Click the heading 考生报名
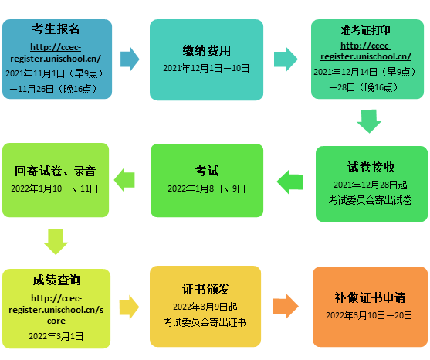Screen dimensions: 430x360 tap(56, 29)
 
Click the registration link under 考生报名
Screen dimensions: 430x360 tap(56, 53)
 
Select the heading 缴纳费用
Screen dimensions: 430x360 tap(206, 50)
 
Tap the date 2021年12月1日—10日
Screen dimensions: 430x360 tap(206, 68)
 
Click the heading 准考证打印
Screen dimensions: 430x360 tap(366, 30)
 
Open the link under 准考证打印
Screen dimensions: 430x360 tap(366, 51)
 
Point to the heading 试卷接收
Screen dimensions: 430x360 tap(371, 167)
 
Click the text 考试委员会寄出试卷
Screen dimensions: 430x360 tap(371, 200)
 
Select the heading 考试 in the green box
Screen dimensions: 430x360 tap(207, 171)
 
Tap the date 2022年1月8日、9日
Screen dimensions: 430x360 tap(206, 188)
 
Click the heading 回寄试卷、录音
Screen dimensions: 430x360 tap(55, 171)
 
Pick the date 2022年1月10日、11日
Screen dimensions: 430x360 tap(55, 188)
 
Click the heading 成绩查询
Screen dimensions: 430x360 tap(57, 280)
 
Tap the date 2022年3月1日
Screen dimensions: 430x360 tap(56, 336)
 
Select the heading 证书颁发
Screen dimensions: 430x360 tap(205, 289)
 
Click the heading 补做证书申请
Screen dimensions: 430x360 tap(370, 297)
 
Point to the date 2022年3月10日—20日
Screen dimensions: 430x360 tap(369, 315)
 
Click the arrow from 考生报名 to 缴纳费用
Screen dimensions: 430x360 tap(130, 59)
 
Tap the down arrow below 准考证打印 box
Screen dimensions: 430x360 tap(369, 121)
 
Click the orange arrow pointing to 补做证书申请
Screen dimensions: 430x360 tap(286, 306)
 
